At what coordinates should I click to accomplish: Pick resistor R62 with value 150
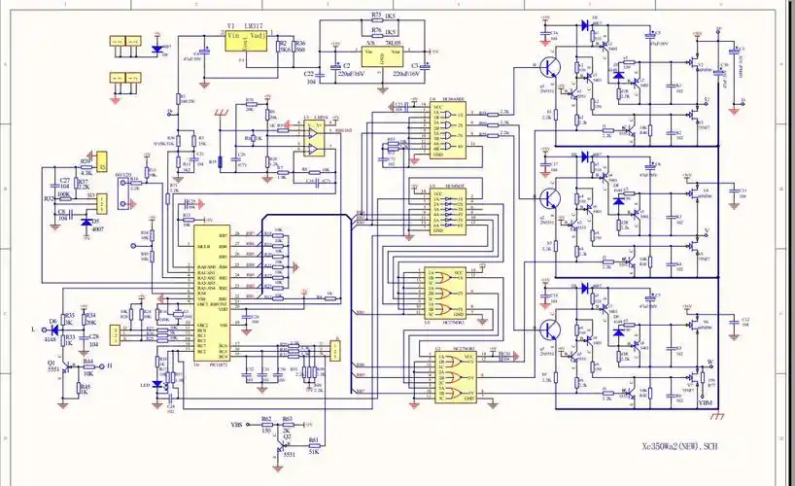266,426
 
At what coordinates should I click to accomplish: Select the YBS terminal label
236,426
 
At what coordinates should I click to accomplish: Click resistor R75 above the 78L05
382,18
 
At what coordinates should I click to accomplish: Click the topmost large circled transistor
550,67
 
